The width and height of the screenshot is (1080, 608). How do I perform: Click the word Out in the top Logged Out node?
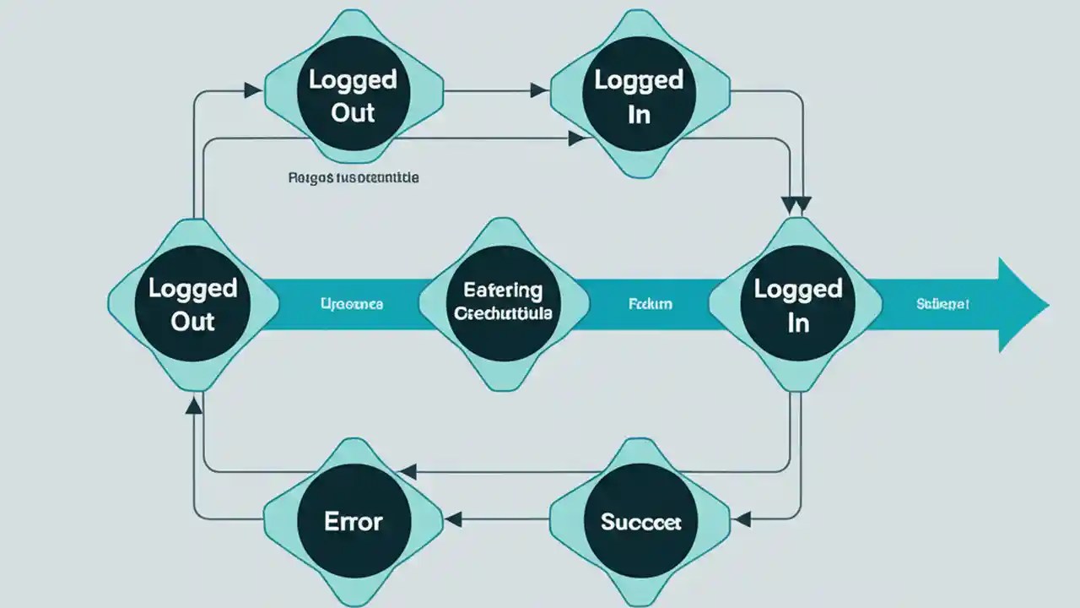(353, 112)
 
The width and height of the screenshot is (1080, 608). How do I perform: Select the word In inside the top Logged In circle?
(639, 114)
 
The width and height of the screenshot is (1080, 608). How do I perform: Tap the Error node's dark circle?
(354, 520)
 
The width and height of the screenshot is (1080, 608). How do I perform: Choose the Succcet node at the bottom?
(640, 521)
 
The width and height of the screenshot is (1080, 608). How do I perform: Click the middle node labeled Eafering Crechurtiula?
(503, 302)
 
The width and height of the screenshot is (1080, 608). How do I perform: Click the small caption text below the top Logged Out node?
(354, 178)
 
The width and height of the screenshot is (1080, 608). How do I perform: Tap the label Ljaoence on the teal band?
(352, 303)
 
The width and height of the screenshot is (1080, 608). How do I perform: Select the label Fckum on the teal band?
(651, 303)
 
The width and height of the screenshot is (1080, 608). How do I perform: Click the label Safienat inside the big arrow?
(942, 303)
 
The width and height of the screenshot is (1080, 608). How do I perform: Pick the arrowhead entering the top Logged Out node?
(252, 90)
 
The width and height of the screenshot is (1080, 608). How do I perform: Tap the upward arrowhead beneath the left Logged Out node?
(193, 407)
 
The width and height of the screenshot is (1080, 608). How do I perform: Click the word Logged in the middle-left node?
(192, 288)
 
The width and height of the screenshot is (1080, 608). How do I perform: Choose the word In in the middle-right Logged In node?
(798, 323)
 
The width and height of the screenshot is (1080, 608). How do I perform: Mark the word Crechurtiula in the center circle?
(503, 314)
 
